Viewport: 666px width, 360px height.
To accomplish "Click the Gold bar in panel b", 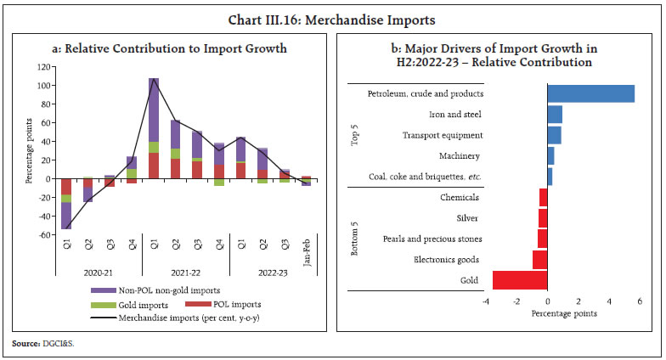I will click(x=520, y=280).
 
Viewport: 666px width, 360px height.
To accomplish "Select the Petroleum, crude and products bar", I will click(x=590, y=93).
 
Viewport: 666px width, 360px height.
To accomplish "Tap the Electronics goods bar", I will click(x=539, y=260).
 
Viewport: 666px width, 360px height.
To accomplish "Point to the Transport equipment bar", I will click(x=554, y=135).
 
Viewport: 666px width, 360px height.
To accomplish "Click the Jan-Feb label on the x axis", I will click(x=307, y=251).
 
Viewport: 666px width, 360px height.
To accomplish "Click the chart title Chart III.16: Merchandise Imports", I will click(x=333, y=15).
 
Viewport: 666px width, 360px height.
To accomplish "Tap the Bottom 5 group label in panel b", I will click(x=355, y=239).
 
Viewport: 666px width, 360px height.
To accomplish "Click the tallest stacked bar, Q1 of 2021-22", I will click(x=154, y=128).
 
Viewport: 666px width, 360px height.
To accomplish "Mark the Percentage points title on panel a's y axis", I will click(x=27, y=151).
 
